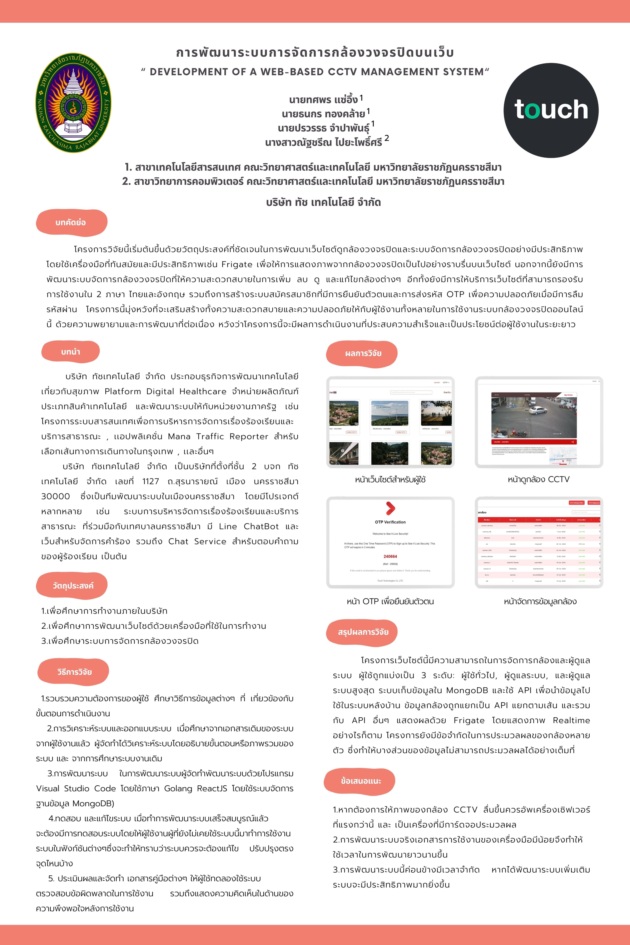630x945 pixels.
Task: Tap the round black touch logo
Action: [551, 110]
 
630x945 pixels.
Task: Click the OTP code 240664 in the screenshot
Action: [390, 556]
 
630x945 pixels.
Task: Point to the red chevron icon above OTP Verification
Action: [390, 508]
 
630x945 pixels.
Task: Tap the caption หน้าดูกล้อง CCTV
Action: [538, 479]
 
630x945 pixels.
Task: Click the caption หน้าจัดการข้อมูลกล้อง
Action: [540, 601]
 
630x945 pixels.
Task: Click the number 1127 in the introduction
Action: [151, 482]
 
